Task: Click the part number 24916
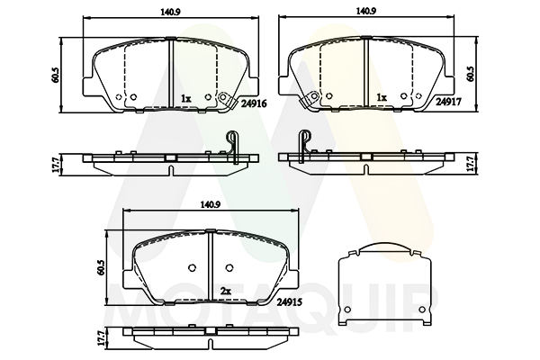(254, 103)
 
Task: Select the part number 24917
(448, 102)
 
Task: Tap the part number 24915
(290, 302)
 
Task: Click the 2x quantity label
(225, 292)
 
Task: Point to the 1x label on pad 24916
(185, 99)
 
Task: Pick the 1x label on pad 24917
(382, 98)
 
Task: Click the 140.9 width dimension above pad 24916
(170, 12)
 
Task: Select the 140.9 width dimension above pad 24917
(366, 12)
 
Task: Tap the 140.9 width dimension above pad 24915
(211, 204)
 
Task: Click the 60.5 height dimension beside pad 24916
(56, 75)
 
